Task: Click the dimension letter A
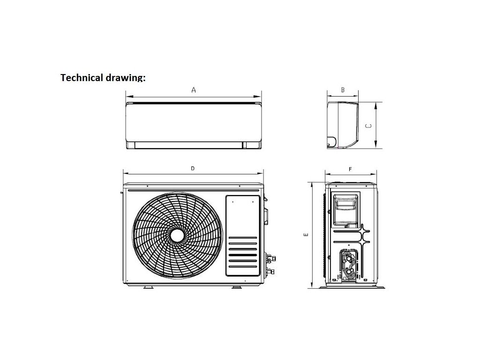pos(194,90)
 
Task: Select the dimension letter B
pos(343,89)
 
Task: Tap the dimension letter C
pos(368,126)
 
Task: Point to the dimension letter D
pos(193,168)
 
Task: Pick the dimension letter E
pos(306,235)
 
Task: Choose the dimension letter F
pos(350,169)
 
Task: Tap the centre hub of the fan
pos(177,235)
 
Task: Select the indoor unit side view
pos(343,125)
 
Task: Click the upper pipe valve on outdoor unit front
pos(271,258)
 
